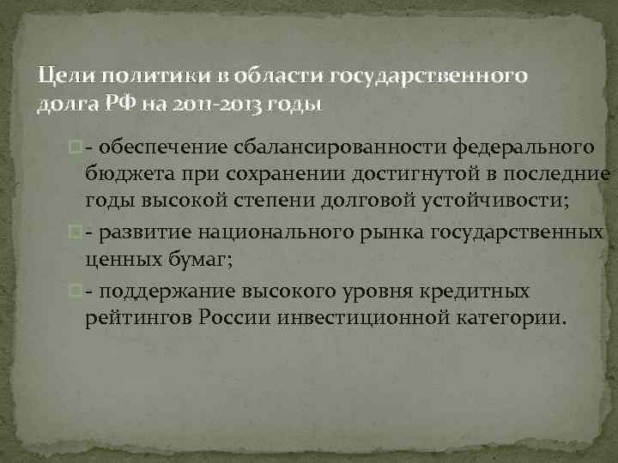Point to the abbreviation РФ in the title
click(x=105, y=105)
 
